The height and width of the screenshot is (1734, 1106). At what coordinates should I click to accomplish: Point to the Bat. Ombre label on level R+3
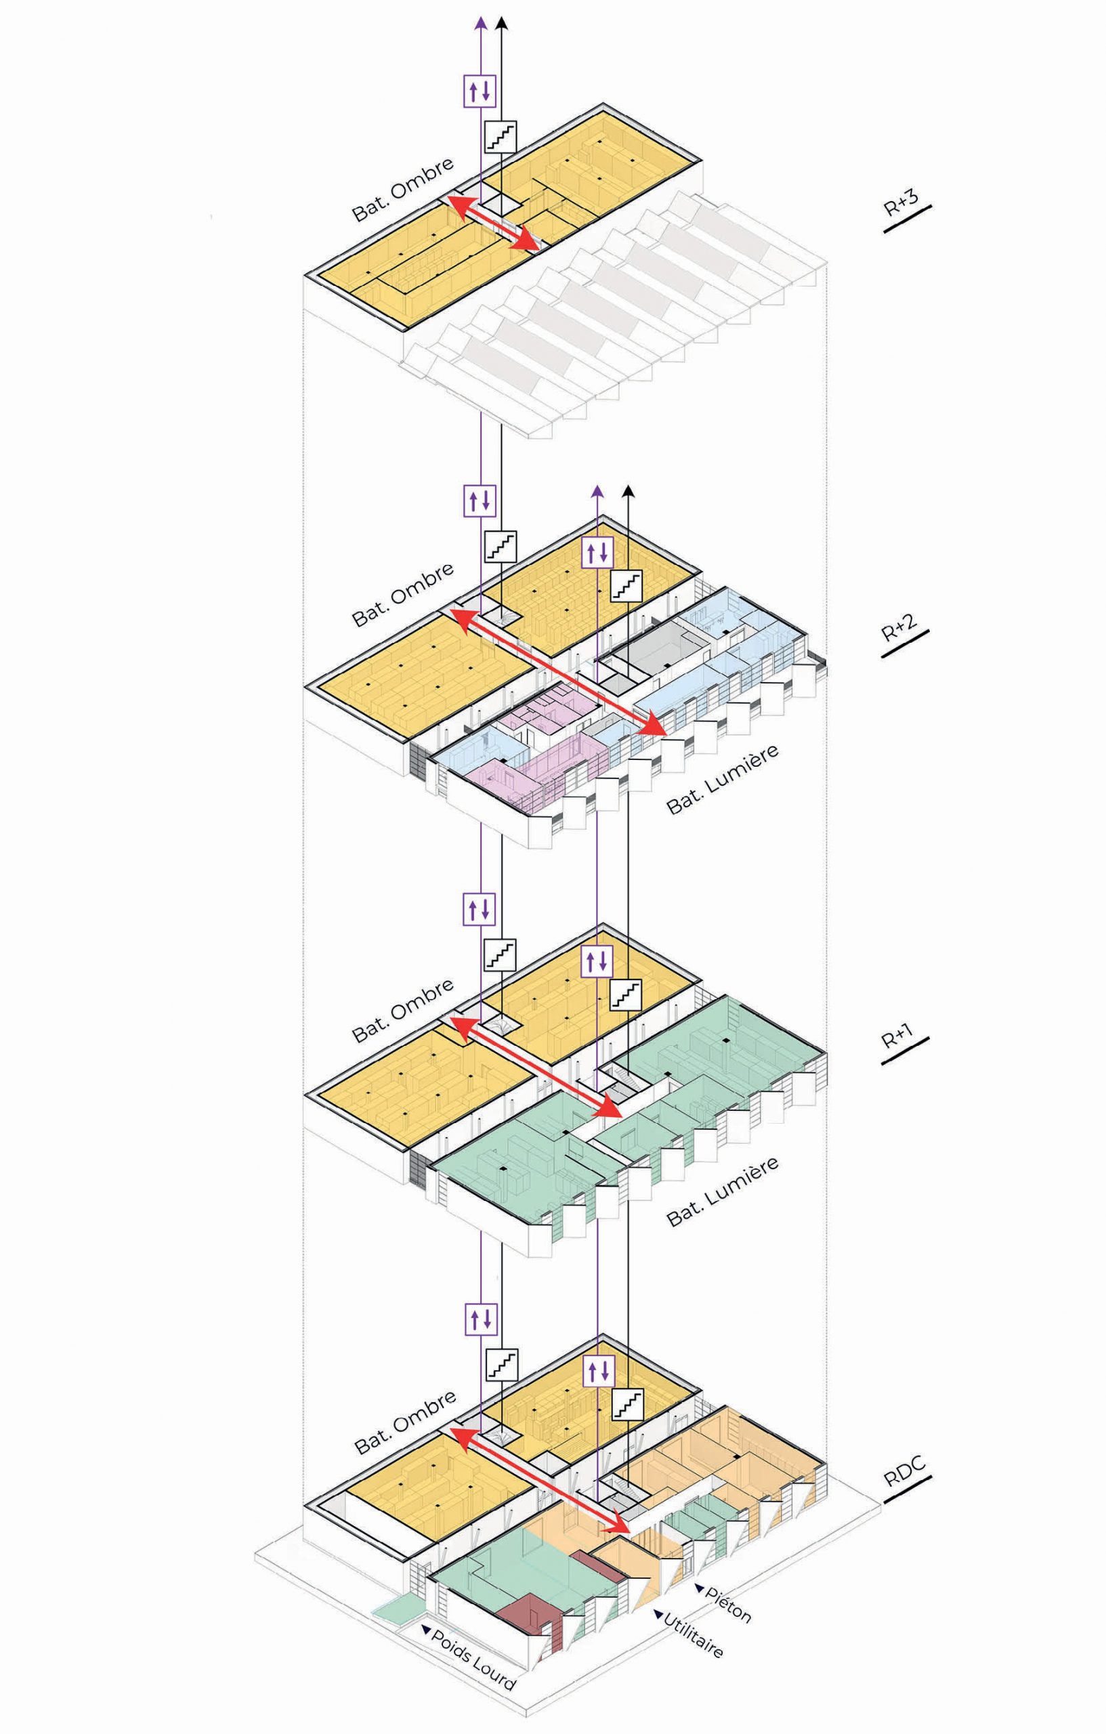402,189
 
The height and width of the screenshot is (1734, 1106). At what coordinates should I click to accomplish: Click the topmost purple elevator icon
480,91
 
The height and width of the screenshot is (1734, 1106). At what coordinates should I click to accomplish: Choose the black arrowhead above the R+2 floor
629,491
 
